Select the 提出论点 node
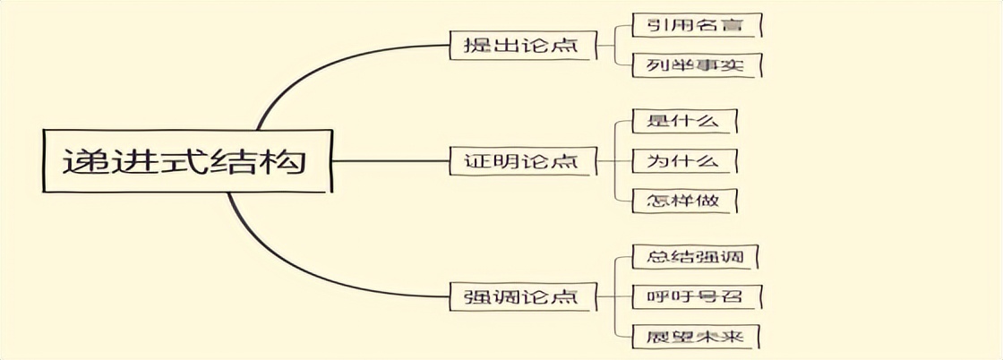coord(519,45)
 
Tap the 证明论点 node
coord(519,161)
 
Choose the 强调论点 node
coord(519,296)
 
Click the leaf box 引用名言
coord(695,26)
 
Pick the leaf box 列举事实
coord(695,64)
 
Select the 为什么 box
coord(684,161)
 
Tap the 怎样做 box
coord(684,200)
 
